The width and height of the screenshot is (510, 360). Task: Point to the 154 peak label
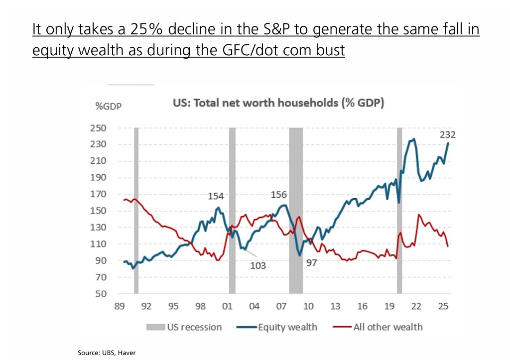click(216, 196)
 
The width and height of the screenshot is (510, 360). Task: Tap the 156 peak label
click(279, 195)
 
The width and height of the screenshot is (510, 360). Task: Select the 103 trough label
click(258, 265)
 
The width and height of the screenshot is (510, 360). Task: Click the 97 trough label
click(311, 262)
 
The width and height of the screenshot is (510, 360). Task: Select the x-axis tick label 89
click(120, 306)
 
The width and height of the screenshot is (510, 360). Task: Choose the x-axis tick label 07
click(281, 306)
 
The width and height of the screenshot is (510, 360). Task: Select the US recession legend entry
click(184, 327)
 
